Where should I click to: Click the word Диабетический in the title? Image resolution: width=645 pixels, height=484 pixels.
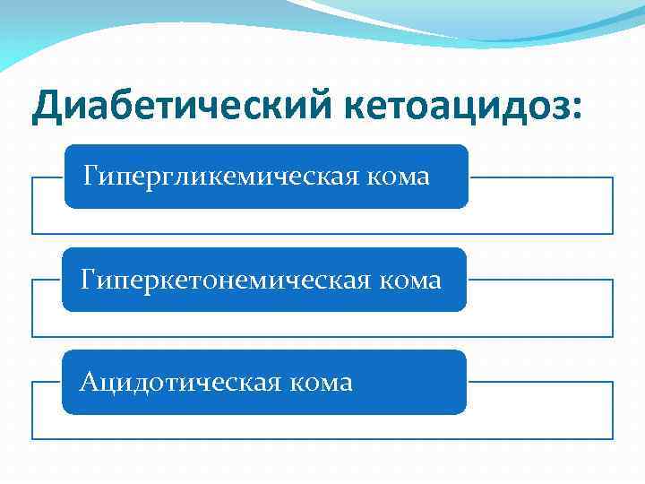[179, 109]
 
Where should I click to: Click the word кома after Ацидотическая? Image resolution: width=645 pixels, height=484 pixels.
[320, 384]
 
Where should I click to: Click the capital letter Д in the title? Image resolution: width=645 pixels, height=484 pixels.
[47, 109]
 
